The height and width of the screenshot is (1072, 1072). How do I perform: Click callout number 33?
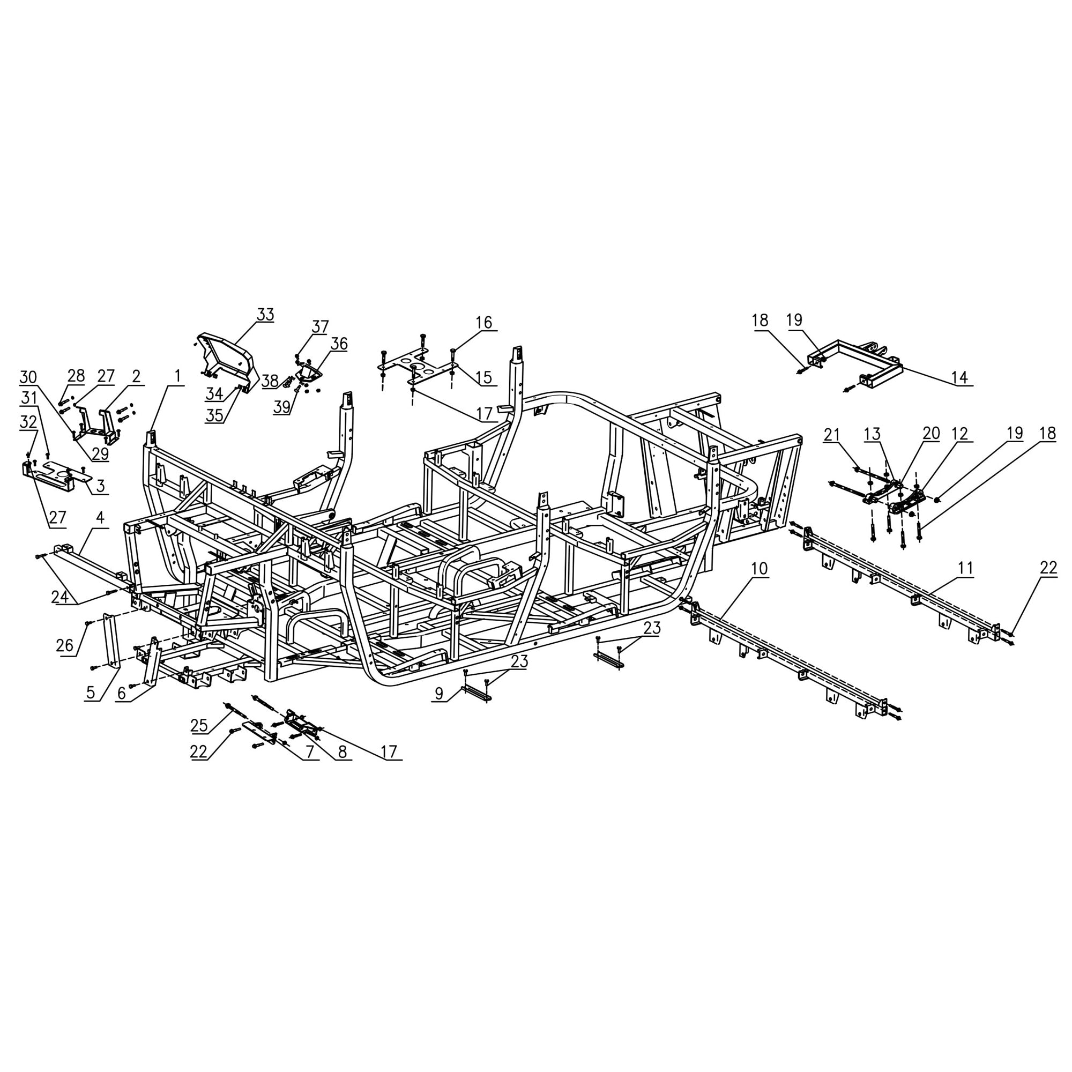coord(265,315)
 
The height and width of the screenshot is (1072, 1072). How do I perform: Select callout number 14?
coord(959,378)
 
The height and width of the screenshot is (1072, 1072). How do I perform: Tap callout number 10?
coord(759,569)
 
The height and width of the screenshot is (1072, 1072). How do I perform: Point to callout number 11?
coord(965,569)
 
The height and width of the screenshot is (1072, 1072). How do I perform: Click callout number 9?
coord(439,693)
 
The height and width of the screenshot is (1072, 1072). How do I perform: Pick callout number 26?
coord(65,645)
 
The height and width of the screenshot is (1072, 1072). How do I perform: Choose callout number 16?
coord(484,322)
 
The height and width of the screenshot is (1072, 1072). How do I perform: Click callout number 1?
coord(177,377)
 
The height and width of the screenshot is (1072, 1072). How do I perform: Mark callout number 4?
coord(100,518)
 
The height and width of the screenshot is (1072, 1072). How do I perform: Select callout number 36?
coord(339,344)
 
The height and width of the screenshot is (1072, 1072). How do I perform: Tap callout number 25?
coord(199,725)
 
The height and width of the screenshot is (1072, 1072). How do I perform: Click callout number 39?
coord(282,407)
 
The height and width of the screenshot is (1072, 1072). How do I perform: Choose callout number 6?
coord(122,694)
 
